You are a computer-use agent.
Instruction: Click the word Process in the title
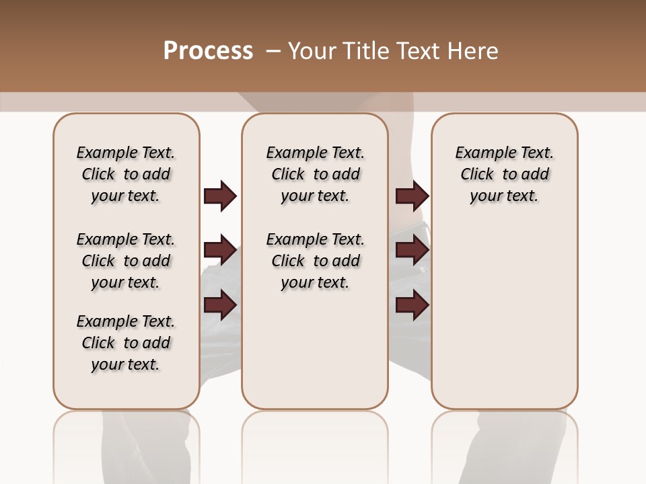[x=208, y=51]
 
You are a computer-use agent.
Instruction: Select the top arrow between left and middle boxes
[x=220, y=196]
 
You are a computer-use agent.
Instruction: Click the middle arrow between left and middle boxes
[x=220, y=251]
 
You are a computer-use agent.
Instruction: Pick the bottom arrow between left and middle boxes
[x=220, y=306]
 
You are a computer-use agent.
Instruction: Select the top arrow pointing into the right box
[x=412, y=196]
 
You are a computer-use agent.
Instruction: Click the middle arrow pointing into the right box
[x=412, y=251]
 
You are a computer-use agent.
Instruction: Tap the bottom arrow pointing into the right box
[x=412, y=306]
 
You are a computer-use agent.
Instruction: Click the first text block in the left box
[x=126, y=174]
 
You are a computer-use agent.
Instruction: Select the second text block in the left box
[x=126, y=261]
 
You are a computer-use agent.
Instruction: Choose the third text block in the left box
[x=126, y=343]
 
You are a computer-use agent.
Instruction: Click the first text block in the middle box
[x=315, y=174]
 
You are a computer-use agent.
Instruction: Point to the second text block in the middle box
[x=315, y=261]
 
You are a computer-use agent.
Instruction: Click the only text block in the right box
[x=504, y=174]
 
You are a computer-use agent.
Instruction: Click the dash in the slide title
[x=273, y=51]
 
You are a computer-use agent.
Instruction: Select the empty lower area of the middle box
[x=315, y=350]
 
